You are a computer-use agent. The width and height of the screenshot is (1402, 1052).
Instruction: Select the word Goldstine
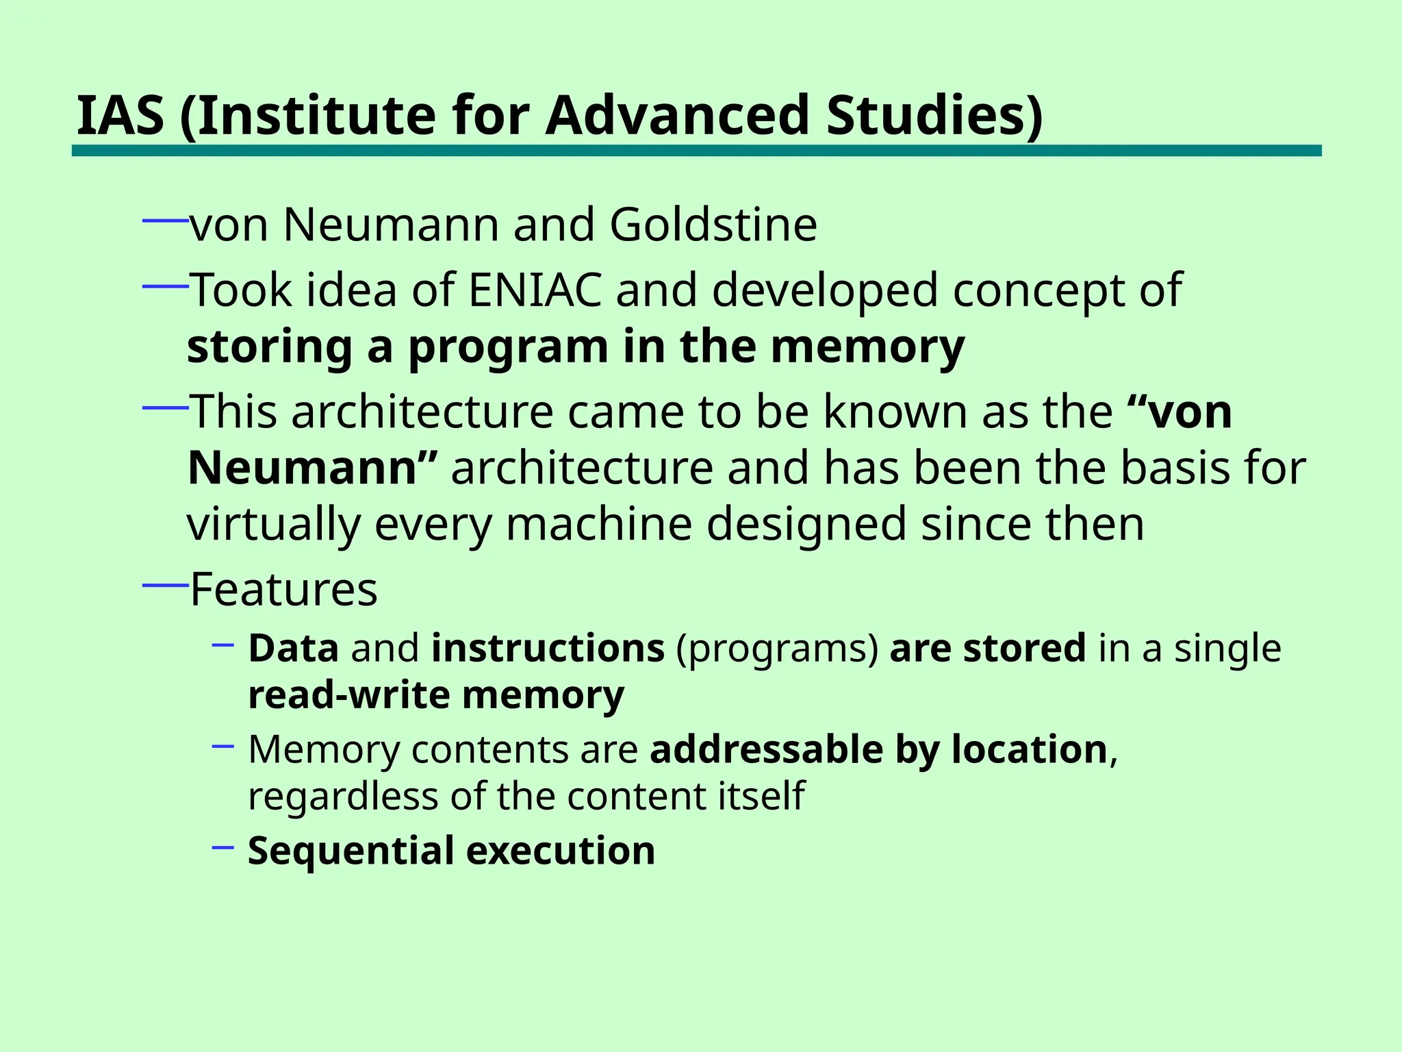713,225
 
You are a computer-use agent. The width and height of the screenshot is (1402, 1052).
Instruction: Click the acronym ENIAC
535,290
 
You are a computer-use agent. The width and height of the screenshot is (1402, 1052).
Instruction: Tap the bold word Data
293,648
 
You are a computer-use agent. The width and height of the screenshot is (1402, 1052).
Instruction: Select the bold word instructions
548,648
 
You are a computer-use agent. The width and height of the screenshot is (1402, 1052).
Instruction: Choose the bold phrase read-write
348,696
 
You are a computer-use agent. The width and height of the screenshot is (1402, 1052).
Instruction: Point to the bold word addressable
766,749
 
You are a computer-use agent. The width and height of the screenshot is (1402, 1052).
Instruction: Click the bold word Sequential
350,851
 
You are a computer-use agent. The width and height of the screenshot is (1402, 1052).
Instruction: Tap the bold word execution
561,851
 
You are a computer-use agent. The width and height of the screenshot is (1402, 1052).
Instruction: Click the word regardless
342,797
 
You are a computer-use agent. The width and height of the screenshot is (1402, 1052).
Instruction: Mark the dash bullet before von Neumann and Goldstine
165,221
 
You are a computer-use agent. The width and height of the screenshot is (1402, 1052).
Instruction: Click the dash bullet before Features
165,585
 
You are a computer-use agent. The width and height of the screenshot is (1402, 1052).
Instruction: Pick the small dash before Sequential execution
223,848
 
